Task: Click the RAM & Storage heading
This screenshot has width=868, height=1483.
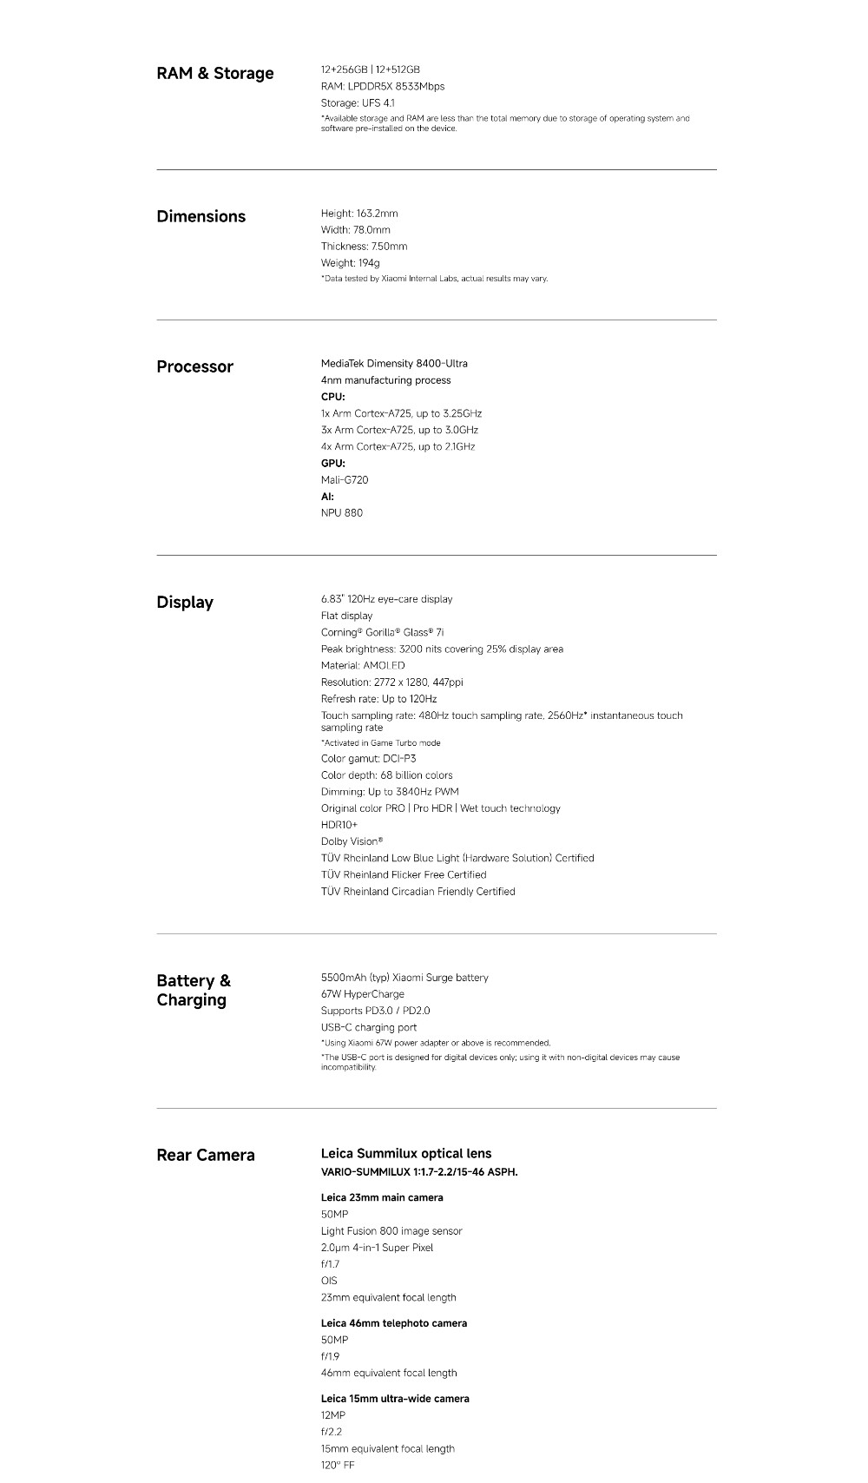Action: [x=214, y=74]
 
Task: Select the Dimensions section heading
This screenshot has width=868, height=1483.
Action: [x=201, y=217]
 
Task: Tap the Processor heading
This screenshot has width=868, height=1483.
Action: [x=194, y=367]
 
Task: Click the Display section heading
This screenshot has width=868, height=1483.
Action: [x=185, y=603]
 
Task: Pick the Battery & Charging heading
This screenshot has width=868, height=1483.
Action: [x=194, y=991]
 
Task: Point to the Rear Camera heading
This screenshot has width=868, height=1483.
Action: [x=206, y=1156]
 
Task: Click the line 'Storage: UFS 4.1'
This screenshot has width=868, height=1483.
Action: [x=358, y=103]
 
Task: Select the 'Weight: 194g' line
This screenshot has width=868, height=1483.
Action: [x=351, y=263]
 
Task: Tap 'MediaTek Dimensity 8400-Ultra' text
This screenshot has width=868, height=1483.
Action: [x=394, y=364]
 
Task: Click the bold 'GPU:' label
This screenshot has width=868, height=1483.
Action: [x=333, y=464]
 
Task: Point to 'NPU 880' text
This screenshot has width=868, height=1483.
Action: [x=342, y=513]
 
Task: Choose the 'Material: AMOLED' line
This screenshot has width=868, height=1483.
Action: [x=363, y=666]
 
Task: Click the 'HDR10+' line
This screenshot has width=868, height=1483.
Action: [x=339, y=825]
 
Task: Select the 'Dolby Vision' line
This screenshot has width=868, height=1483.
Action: [x=352, y=841]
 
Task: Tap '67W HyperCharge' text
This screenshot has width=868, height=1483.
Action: [x=363, y=994]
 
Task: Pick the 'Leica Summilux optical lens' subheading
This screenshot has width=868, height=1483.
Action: [x=406, y=1154]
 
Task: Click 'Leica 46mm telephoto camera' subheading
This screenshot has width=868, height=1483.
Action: [x=394, y=1323]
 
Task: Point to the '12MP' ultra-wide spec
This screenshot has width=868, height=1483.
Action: [x=333, y=1415]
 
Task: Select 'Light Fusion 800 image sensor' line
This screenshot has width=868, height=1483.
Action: [x=391, y=1231]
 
